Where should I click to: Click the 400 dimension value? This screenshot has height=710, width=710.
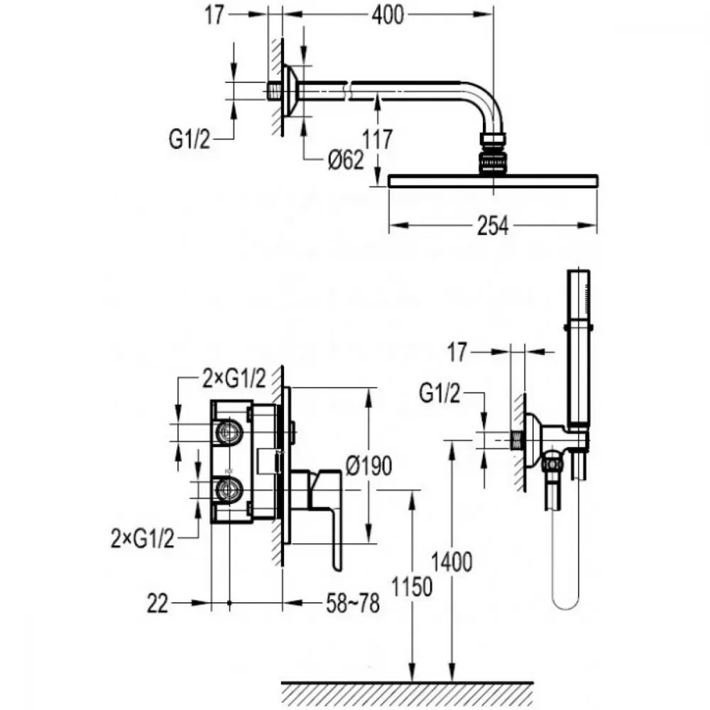click(388, 15)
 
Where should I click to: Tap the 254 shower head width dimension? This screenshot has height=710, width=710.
click(493, 226)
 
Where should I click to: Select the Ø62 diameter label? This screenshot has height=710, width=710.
click(346, 160)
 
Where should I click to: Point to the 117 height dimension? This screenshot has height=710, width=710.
click(378, 139)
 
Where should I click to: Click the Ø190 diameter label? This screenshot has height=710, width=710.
click(369, 466)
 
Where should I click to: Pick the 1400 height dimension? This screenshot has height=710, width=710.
click(452, 562)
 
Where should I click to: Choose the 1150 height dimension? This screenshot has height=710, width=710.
click(412, 587)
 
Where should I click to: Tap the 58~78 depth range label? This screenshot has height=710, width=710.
click(353, 603)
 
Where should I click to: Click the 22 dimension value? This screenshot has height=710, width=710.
click(158, 603)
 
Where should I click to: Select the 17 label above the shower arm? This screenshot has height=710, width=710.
click(214, 15)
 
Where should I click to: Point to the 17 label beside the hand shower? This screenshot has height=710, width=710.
click(457, 352)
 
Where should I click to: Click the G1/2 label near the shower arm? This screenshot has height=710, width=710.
click(190, 139)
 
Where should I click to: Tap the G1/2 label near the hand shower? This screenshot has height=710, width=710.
click(439, 393)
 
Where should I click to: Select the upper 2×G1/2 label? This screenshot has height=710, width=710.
click(234, 378)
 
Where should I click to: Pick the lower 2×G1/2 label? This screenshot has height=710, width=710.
click(142, 539)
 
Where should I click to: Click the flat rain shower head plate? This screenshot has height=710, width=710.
click(493, 180)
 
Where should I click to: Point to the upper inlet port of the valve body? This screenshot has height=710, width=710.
click(229, 432)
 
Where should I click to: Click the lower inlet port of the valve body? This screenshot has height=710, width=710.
click(229, 490)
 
